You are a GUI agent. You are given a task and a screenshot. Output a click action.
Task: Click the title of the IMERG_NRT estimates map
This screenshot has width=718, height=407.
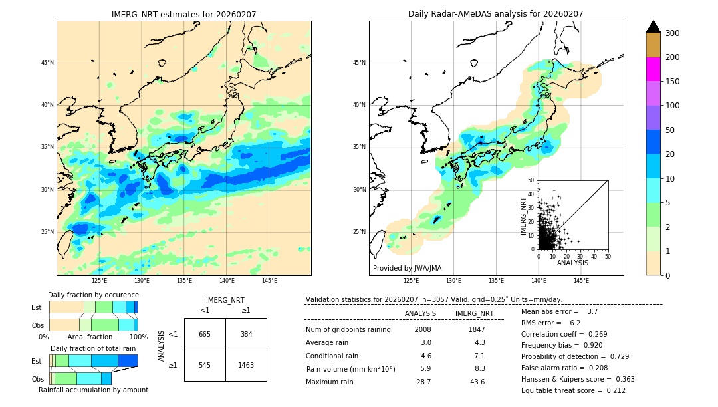click(183, 14)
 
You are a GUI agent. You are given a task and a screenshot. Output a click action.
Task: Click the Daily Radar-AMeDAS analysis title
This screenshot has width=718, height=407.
click(495, 14)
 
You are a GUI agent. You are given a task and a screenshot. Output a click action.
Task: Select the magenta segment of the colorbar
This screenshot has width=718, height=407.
click(653, 69)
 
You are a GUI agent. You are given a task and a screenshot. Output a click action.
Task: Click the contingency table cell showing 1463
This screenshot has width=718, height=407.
click(246, 365)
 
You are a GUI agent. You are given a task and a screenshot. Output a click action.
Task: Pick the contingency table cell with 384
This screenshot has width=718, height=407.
click(246, 334)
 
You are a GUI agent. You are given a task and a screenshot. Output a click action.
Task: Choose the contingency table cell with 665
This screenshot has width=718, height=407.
click(205, 334)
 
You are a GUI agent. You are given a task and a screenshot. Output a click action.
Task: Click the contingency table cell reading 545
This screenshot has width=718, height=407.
click(205, 365)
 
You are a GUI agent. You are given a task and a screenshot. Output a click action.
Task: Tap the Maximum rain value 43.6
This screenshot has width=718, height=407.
click(477, 382)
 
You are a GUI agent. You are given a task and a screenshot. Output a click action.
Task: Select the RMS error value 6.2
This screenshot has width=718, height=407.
click(576, 323)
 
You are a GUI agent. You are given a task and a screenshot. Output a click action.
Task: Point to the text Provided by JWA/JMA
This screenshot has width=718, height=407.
click(407, 269)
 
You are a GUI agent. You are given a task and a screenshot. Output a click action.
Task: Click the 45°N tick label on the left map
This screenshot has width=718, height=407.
click(47, 63)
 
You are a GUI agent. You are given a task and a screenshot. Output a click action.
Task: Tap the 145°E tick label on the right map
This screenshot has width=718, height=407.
click(580, 281)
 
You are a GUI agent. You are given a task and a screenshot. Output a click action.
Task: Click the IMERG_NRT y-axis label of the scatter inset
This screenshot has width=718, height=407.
click(523, 215)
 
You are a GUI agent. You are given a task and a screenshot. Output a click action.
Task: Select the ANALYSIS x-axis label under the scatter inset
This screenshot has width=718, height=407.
click(572, 263)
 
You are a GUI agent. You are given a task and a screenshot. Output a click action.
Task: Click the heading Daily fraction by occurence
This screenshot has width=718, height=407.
click(93, 295)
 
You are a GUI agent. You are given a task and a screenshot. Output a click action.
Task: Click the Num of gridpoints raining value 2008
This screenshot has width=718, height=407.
click(422, 329)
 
